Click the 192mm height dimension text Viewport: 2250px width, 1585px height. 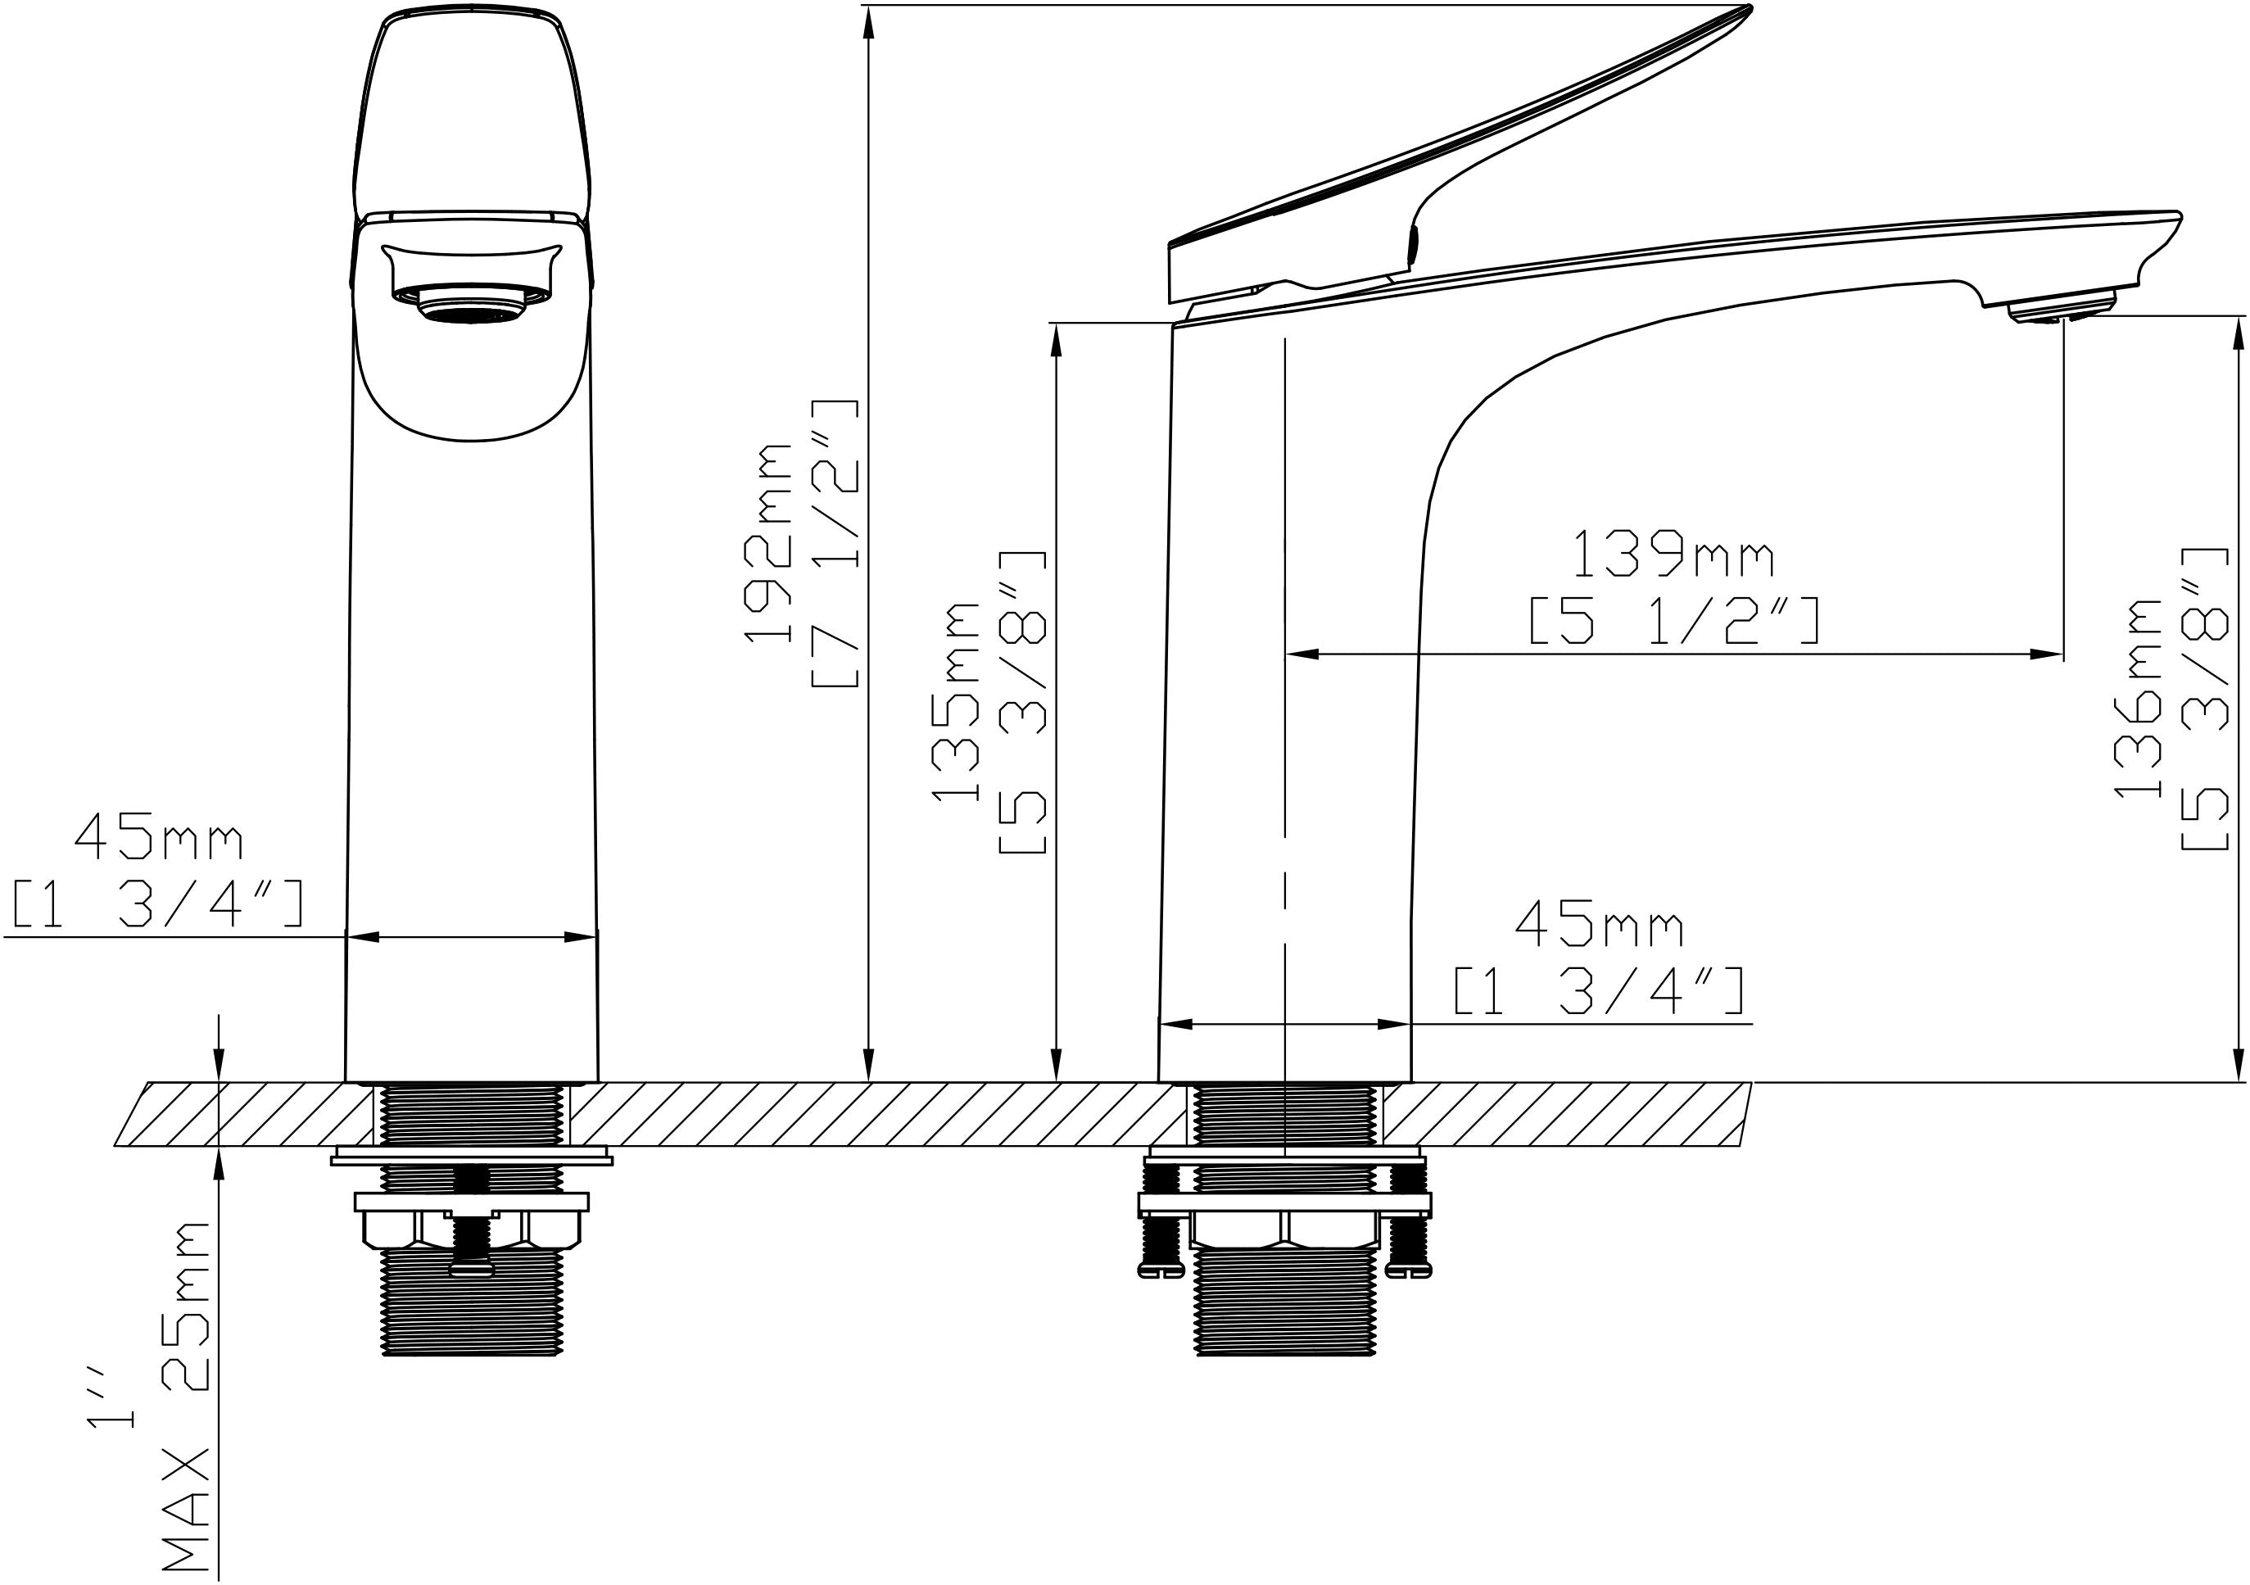[768, 542]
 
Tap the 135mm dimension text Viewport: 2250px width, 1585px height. [956, 702]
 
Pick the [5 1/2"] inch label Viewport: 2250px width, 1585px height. [1675, 620]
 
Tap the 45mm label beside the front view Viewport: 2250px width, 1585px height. [159, 837]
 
